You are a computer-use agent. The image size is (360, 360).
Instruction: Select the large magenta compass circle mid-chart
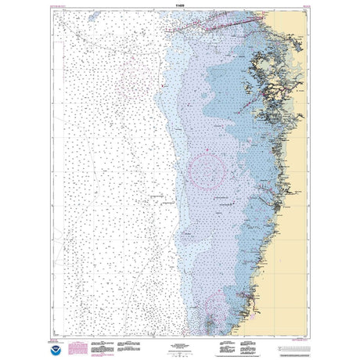207,168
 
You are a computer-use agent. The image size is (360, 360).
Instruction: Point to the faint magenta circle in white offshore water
135,77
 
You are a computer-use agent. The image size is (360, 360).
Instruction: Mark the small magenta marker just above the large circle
205,146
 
